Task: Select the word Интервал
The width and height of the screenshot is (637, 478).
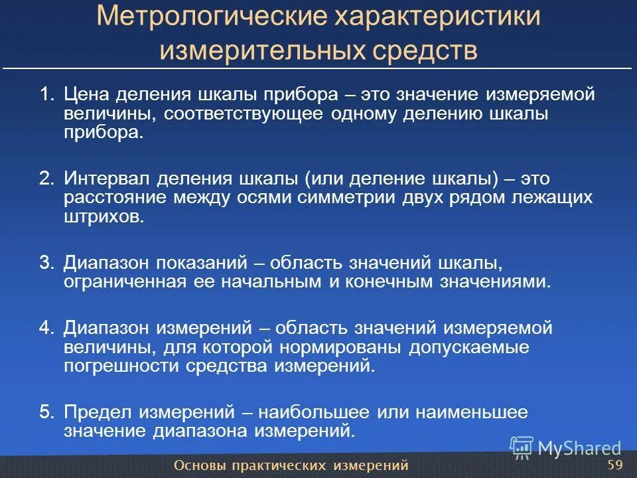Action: click(x=106, y=179)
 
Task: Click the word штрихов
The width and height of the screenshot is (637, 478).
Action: click(x=104, y=216)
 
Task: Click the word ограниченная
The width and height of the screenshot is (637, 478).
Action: click(x=123, y=281)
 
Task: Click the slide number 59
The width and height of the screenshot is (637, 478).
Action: click(x=614, y=463)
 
